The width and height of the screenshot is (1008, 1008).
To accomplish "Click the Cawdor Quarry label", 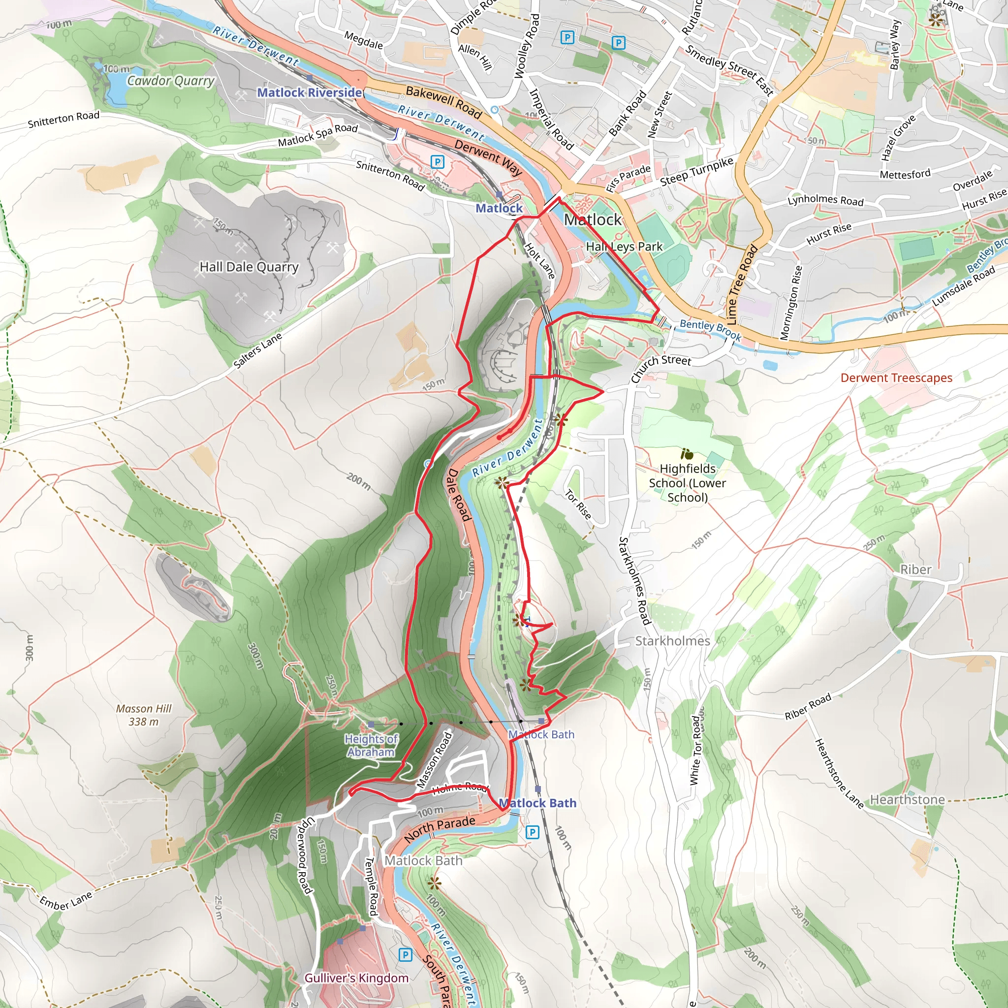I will tap(171, 81).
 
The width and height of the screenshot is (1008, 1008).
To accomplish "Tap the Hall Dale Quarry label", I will tap(249, 267).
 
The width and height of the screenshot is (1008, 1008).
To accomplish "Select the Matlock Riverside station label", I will tap(310, 93).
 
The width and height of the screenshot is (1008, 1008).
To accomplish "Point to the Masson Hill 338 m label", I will tap(144, 715).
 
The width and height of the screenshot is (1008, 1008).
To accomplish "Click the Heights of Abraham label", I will tap(371, 745).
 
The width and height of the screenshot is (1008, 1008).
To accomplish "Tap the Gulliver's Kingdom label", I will tap(356, 978).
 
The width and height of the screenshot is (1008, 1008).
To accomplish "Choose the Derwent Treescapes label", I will tap(896, 378).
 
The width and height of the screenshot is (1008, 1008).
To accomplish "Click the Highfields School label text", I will tap(687, 483).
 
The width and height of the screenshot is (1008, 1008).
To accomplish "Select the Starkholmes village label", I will tap(672, 641).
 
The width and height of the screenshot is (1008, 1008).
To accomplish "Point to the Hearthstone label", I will tap(907, 800).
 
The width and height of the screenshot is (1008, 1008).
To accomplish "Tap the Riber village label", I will tap(915, 569).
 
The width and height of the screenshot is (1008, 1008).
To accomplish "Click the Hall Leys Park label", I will tap(624, 246).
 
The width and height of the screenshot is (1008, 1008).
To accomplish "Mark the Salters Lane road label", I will tap(257, 350).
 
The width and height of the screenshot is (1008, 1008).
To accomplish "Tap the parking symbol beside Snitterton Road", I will tap(437, 162).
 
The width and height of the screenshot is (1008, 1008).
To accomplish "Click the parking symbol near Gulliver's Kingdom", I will tap(405, 955).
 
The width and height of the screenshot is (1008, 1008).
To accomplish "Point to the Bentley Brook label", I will tap(710, 330).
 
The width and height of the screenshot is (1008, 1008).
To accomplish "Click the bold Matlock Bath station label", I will tap(537, 803).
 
